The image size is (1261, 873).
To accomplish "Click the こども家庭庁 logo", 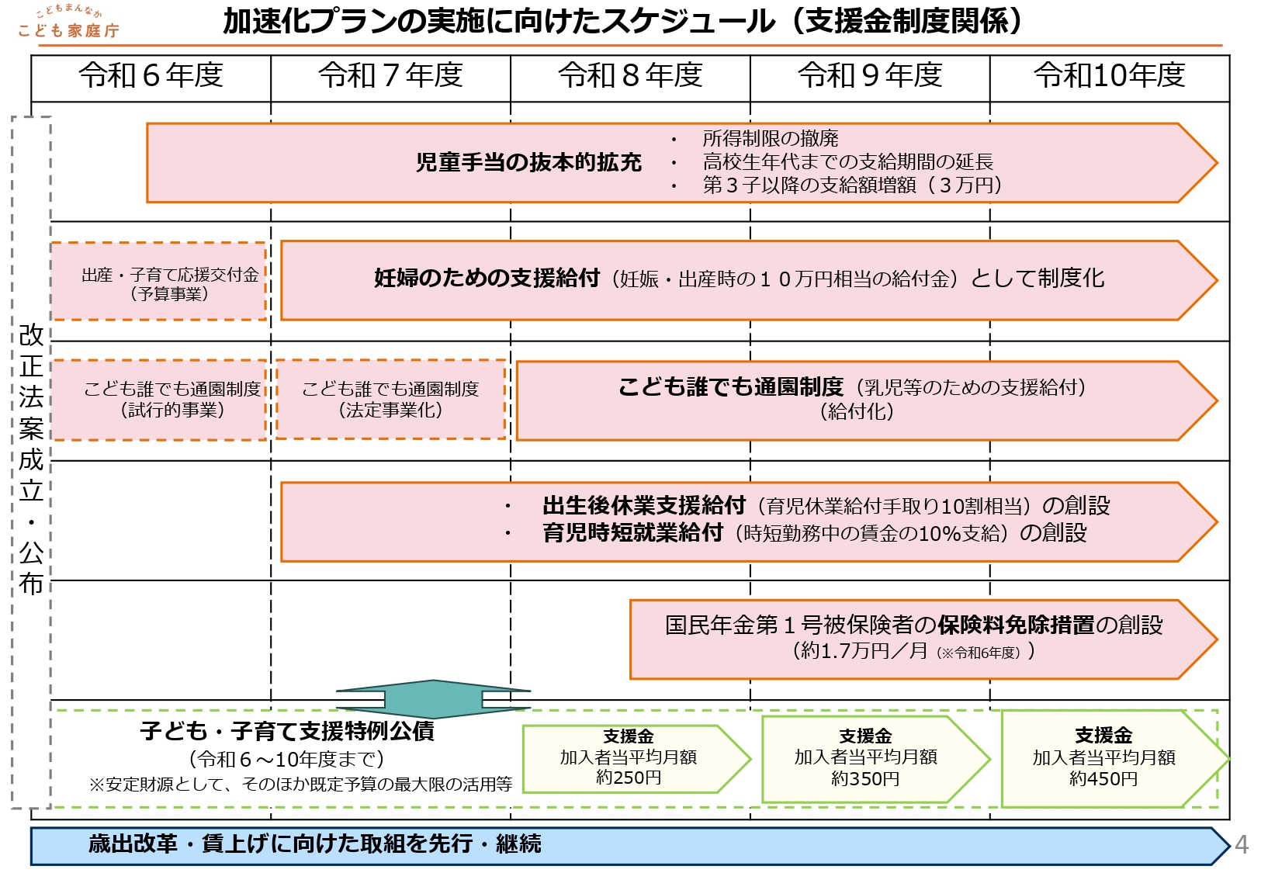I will click(68, 23).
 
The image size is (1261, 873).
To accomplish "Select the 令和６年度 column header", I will click(151, 76).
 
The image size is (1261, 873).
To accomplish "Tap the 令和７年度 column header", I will click(390, 76).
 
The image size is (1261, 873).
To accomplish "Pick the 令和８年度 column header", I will click(630, 76).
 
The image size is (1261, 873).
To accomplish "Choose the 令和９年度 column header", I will click(870, 76).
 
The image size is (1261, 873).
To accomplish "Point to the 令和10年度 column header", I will click(1110, 76).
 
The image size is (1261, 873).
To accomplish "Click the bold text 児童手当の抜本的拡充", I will click(528, 162).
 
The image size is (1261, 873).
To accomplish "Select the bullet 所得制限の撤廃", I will click(770, 139).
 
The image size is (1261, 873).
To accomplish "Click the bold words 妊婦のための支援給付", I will click(487, 278).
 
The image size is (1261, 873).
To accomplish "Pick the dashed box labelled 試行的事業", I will click(159, 400).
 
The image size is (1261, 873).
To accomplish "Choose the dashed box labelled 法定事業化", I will click(390, 400).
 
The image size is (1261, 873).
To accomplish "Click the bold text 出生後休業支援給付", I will click(644, 506).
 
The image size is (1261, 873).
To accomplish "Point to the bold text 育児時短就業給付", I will click(632, 533).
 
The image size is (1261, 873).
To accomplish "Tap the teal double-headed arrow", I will click(433, 699).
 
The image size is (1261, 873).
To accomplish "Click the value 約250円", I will click(629, 778).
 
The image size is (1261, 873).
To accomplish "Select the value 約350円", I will click(865, 778).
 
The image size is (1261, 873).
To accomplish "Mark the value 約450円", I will click(1103, 778).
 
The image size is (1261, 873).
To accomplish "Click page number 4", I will click(1242, 844).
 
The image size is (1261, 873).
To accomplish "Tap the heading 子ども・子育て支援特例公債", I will click(287, 731).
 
